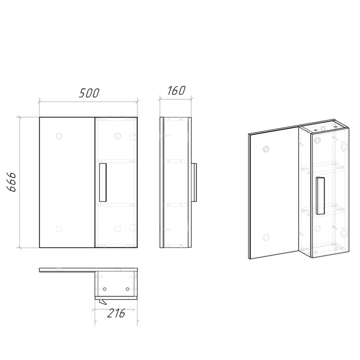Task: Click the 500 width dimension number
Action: [89, 93]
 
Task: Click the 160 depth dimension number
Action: [176, 90]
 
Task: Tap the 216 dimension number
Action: [116, 313]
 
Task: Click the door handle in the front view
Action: [103, 183]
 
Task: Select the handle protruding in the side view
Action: [194, 183]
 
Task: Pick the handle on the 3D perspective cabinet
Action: [320, 195]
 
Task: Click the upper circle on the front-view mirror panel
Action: [59, 136]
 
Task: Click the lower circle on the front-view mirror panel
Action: [59, 229]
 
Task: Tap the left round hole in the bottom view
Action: [105, 289]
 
